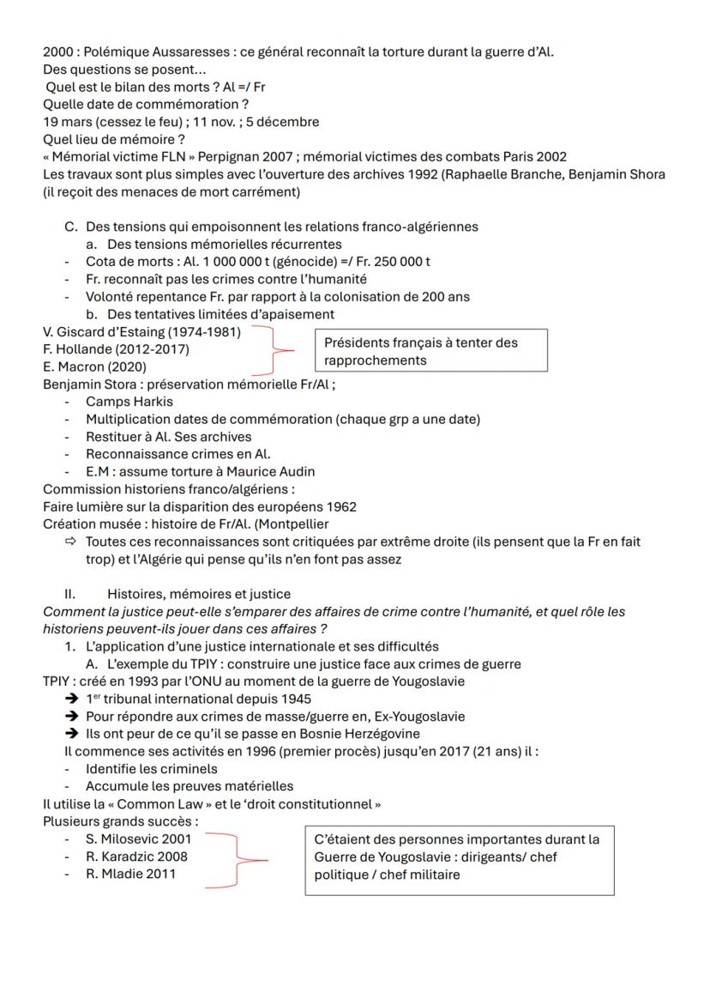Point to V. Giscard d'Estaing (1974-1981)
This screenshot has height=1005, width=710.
click(142, 332)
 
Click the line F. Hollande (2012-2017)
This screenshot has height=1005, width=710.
click(117, 349)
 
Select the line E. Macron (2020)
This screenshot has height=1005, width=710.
click(94, 366)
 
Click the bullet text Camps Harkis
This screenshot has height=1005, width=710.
click(129, 402)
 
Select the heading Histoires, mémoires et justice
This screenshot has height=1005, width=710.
click(199, 594)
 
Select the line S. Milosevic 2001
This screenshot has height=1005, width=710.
click(138, 839)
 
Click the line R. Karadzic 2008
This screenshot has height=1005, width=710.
click(136, 857)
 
